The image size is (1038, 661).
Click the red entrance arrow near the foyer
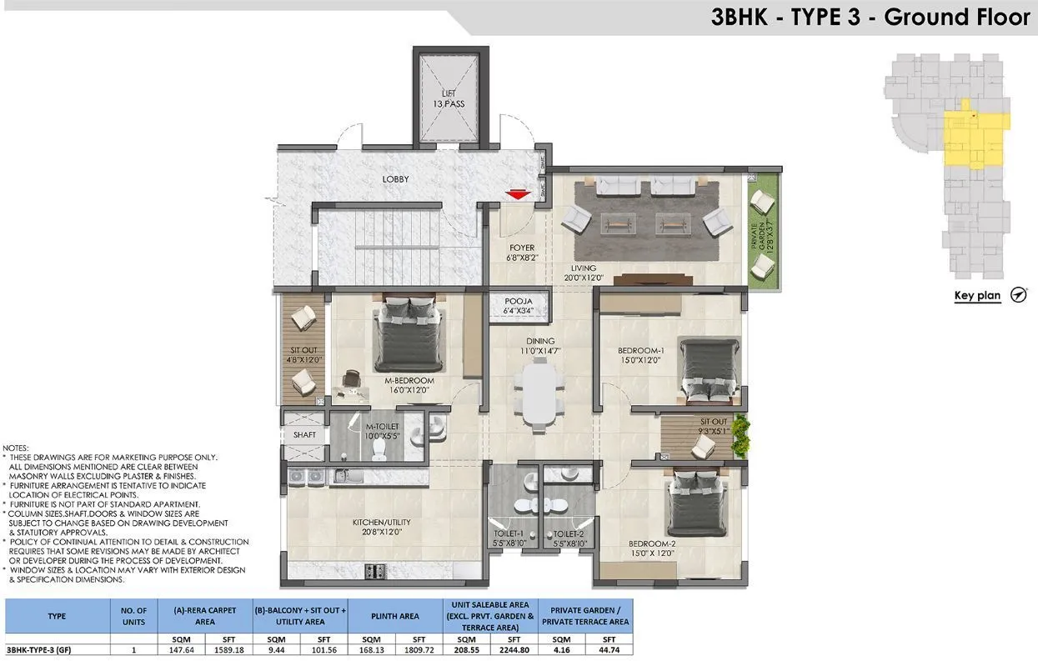(x=518, y=194)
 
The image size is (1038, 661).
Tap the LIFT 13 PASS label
(x=449, y=98)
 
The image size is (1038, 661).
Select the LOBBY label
(x=395, y=179)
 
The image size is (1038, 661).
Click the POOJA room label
(x=518, y=306)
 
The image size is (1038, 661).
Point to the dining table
(x=538, y=396)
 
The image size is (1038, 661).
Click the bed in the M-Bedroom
(x=407, y=334)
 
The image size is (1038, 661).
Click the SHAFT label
(x=304, y=435)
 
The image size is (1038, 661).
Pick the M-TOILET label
(x=383, y=431)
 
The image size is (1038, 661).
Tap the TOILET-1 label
(x=509, y=538)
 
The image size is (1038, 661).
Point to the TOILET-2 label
(x=569, y=538)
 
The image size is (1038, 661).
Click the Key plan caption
(x=976, y=296)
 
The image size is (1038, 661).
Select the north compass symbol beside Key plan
(x=1018, y=294)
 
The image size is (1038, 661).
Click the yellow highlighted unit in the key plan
(x=973, y=137)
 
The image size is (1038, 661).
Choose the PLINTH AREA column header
(x=395, y=616)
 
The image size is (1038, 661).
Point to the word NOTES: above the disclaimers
(x=17, y=448)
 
